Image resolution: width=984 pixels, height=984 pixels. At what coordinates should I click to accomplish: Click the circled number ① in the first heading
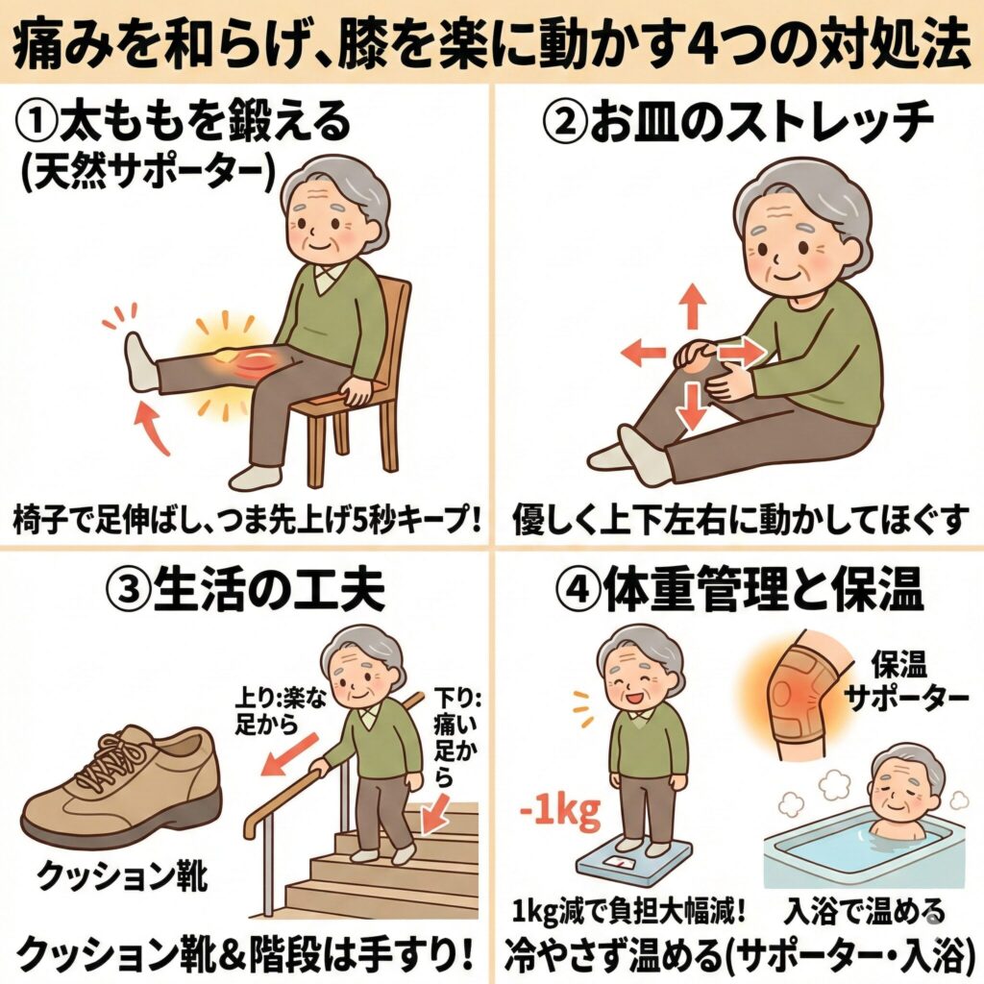tap(37, 122)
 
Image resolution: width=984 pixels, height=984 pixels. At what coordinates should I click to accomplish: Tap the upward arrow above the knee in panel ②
tap(692, 306)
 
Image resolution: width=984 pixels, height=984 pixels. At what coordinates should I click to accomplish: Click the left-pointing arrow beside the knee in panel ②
tap(643, 351)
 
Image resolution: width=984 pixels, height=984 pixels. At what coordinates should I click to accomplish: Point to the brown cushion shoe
tap(121, 784)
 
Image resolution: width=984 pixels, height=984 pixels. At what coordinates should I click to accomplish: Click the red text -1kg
tap(560, 813)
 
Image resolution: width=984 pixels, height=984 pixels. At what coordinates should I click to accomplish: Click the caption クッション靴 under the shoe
tap(122, 876)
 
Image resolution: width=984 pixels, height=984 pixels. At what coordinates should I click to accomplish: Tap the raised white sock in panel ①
tap(141, 362)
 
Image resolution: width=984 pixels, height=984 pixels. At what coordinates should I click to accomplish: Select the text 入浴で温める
tap(864, 911)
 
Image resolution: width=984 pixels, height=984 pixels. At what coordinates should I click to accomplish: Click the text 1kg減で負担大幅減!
tap(628, 912)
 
